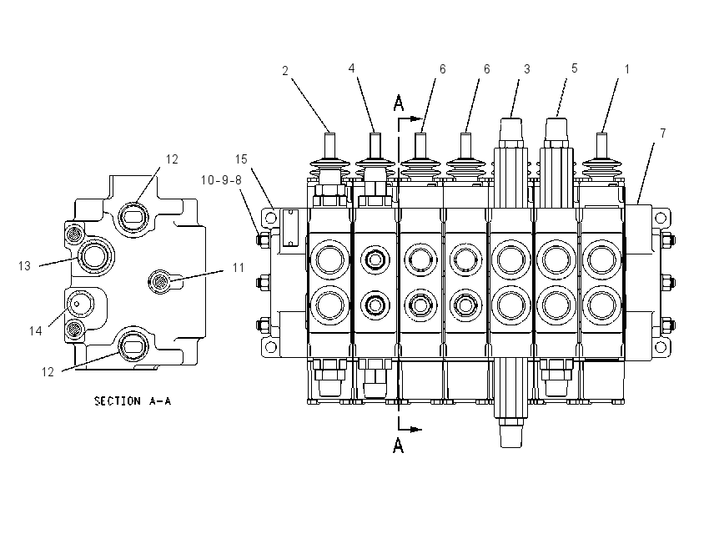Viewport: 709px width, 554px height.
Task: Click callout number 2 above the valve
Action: [285, 71]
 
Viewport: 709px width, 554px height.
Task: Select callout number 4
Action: [351, 68]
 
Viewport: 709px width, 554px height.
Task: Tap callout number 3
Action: [527, 69]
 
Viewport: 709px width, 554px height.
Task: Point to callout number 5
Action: [574, 68]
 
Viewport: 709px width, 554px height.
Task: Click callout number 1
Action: [626, 69]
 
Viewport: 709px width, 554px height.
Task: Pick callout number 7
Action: [663, 133]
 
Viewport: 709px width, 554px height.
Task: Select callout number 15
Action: [241, 159]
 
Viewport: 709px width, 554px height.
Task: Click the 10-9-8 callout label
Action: [221, 180]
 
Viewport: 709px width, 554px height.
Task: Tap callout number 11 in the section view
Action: [239, 268]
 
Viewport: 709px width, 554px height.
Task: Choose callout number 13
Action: [24, 266]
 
